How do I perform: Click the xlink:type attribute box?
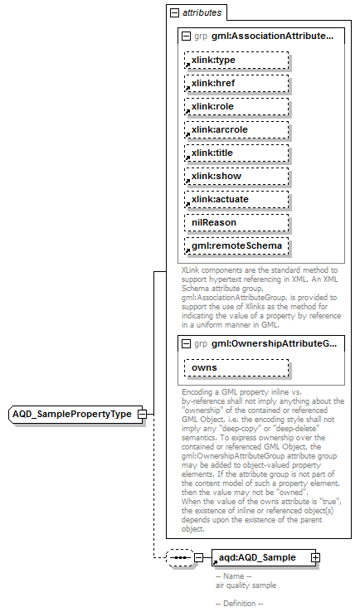236,61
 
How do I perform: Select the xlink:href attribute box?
236,84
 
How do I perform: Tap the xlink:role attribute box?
236,107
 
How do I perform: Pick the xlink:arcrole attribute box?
236,130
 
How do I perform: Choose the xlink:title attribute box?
236,153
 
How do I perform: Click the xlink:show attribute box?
236,177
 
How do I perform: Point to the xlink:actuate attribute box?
236,200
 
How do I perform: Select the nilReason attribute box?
236,223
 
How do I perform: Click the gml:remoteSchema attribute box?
236,246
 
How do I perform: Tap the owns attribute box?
236,367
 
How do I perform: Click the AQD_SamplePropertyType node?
72,414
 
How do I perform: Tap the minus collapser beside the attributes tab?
173,13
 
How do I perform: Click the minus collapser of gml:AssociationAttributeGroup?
185,36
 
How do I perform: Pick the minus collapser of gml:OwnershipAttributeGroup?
185,343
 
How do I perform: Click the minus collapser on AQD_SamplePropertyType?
143,414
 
